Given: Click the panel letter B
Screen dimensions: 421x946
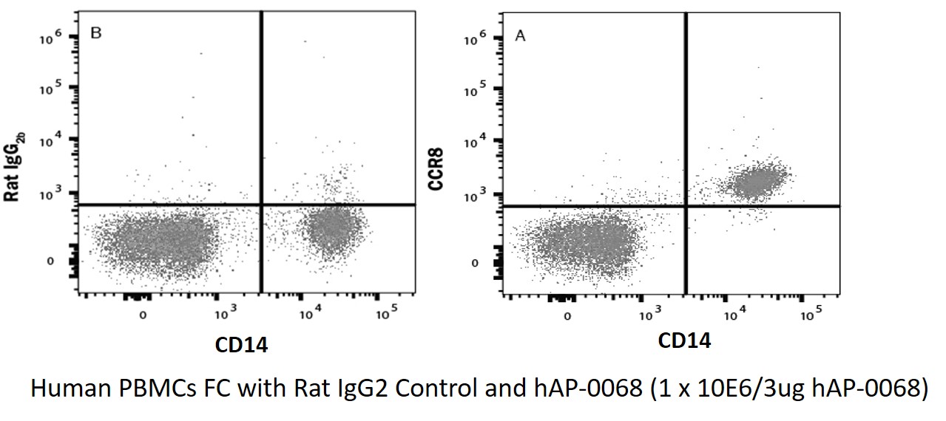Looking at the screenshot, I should [95, 33].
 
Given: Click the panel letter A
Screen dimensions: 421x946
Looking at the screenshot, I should [520, 35].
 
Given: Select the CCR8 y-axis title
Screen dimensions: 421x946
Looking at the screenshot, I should [436, 171].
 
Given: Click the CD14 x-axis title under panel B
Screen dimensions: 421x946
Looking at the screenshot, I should [241, 343].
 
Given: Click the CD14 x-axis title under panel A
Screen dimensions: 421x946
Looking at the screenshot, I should [685, 340].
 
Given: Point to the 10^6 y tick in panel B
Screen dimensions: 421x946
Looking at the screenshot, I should [54, 36].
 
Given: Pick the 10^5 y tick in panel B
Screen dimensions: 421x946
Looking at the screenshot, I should [54, 89].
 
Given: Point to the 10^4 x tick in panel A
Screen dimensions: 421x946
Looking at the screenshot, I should [733, 315].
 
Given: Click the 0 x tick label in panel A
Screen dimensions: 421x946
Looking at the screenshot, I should [567, 317].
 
